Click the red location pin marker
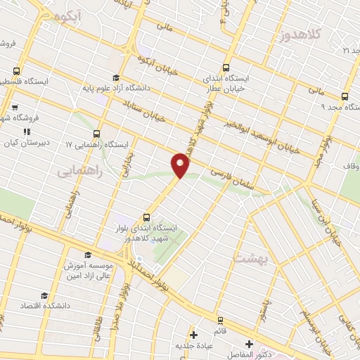pos(181,165)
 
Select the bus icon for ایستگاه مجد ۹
pos(345,96)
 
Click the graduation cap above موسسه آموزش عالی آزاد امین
pos(88,255)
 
